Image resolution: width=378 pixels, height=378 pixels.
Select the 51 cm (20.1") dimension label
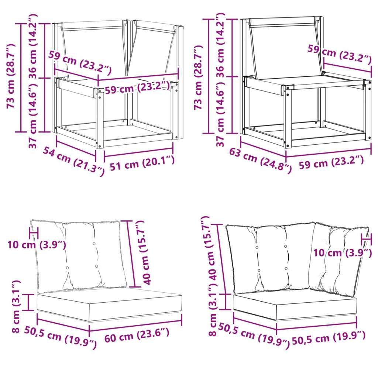pyautogui.click(x=142, y=163)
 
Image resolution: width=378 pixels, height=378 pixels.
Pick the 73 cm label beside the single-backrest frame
pyautogui.click(x=198, y=78)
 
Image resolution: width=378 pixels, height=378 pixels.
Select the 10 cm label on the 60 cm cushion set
pyautogui.click(x=37, y=245)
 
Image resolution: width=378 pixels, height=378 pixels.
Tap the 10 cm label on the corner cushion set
pyautogui.click(x=342, y=253)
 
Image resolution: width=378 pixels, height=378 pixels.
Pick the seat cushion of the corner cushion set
pyautogui.click(x=295, y=305)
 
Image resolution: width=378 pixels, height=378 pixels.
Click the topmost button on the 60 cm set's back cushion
pyautogui.click(x=94, y=244)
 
